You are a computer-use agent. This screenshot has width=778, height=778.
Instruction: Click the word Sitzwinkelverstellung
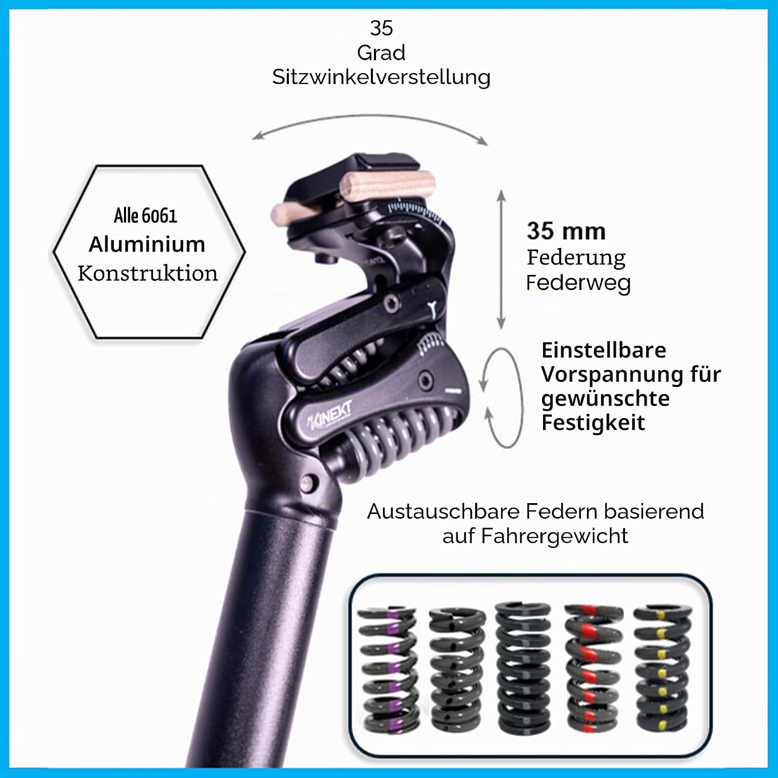click(381, 77)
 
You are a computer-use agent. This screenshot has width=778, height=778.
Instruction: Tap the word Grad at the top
click(381, 52)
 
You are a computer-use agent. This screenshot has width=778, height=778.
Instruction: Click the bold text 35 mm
click(566, 231)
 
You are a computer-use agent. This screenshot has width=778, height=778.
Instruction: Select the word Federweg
click(578, 283)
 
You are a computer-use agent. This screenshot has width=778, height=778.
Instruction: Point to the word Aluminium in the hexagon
click(147, 244)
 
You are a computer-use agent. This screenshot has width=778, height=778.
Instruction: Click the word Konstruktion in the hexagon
click(148, 273)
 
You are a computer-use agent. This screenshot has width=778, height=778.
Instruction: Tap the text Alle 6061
click(146, 215)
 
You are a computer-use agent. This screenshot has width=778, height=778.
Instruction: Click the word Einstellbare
click(604, 350)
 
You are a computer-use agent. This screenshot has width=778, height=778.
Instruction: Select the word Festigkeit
click(593, 423)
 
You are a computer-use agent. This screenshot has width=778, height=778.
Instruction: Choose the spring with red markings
click(593, 669)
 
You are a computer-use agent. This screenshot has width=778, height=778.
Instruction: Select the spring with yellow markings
click(661, 669)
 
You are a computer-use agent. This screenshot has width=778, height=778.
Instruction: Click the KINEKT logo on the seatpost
click(330, 415)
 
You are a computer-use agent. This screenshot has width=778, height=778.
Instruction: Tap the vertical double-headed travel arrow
click(501, 259)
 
